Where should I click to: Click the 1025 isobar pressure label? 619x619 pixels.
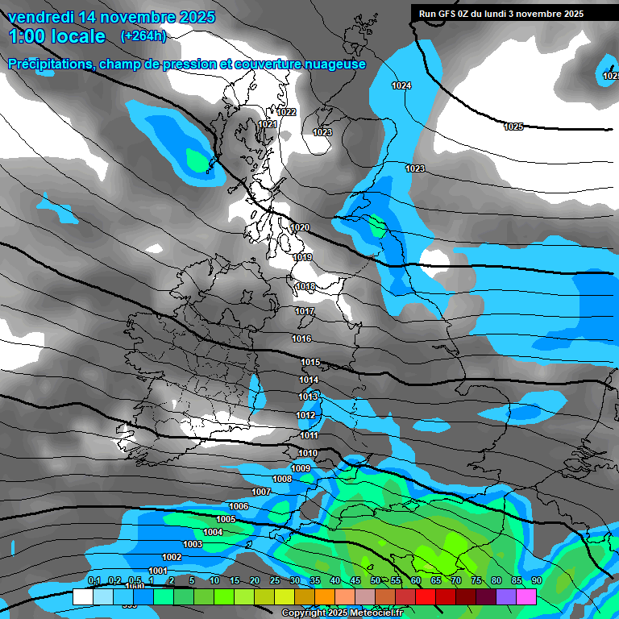point(513,127)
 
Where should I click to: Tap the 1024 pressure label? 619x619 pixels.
point(401,85)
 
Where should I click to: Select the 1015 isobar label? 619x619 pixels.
point(310,363)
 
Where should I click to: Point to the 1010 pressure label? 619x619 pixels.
point(308,454)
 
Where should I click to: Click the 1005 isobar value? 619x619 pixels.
point(226,520)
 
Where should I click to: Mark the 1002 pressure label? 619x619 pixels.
point(172,558)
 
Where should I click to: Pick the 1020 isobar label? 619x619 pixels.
point(300,228)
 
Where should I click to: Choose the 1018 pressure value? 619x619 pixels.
point(305,287)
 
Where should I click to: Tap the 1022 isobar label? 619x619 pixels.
point(287,113)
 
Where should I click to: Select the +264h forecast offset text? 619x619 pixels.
point(143,36)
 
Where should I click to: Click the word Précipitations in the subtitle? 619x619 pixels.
point(46,64)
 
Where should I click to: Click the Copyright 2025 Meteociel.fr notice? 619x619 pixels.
point(342,613)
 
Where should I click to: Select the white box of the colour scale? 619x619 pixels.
point(82,596)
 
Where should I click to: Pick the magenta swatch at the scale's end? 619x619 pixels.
point(526,596)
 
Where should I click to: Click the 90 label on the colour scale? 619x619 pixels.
point(536,581)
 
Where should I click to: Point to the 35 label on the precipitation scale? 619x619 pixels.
point(314,581)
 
